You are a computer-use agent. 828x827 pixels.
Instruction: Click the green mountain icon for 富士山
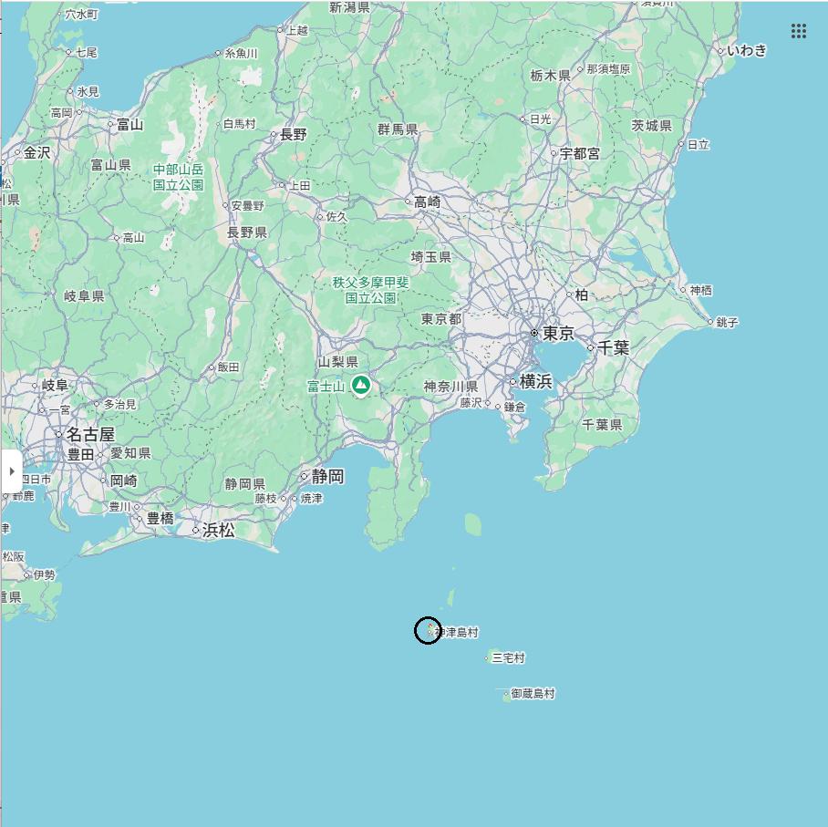click(361, 386)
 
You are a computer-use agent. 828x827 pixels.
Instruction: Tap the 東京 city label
click(558, 334)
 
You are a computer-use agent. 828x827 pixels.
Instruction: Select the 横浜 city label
click(536, 381)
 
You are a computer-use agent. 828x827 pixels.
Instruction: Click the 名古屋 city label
click(90, 434)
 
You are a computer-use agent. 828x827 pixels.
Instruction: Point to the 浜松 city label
click(219, 530)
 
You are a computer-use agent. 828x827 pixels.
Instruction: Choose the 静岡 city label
click(327, 476)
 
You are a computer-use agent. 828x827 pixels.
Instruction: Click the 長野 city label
click(293, 134)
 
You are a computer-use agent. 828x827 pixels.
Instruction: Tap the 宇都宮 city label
click(580, 153)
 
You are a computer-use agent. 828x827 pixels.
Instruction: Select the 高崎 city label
click(427, 202)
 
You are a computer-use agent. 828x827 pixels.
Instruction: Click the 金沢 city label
click(36, 152)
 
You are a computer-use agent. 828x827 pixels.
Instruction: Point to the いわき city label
click(747, 50)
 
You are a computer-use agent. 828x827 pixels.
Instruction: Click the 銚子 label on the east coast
click(728, 322)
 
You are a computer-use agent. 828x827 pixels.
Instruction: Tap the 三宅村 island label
click(508, 657)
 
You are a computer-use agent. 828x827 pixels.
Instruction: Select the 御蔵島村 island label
click(533, 694)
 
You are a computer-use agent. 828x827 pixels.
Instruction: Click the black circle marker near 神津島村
click(428, 630)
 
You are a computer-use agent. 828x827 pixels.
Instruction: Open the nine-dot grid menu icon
click(799, 31)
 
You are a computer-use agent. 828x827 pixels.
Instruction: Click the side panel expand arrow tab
click(11, 471)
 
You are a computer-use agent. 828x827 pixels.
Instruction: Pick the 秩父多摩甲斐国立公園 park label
click(370, 290)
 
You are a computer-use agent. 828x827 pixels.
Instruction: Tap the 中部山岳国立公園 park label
click(178, 177)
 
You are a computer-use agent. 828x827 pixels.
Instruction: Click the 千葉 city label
click(614, 347)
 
